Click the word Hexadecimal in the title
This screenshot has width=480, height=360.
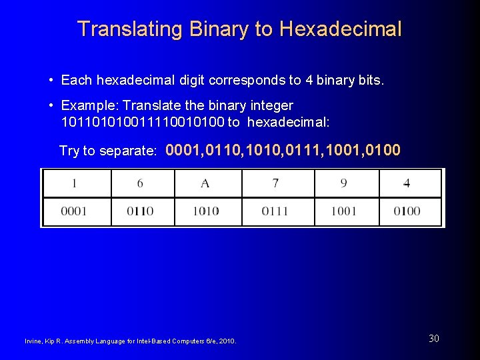click(x=341, y=29)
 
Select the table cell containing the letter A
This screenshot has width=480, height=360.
click(x=206, y=183)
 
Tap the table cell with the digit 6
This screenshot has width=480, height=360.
click(x=141, y=183)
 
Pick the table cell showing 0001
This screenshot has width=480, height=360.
click(x=75, y=211)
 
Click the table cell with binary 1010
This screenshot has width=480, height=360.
click(x=206, y=211)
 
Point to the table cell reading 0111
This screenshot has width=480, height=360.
click(x=275, y=211)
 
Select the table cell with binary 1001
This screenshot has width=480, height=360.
click(x=344, y=211)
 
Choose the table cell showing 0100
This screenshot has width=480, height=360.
click(x=407, y=211)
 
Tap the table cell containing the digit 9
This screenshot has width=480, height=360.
click(x=344, y=183)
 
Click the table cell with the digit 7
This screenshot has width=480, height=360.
click(x=275, y=183)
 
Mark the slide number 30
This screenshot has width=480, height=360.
click(x=434, y=339)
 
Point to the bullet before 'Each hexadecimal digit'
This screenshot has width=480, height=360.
click(x=51, y=81)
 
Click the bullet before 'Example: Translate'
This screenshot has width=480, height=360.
click(x=51, y=106)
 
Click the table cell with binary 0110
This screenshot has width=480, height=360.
click(x=141, y=211)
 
